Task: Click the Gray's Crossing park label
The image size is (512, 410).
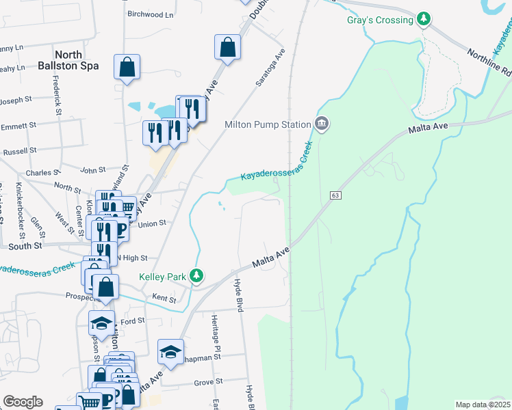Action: [x=380, y=20]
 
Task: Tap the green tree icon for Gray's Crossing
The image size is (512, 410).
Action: [x=424, y=19]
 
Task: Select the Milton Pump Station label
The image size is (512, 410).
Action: [x=268, y=124]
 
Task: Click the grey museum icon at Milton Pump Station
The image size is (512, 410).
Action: [x=322, y=124]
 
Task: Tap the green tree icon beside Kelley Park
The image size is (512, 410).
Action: [x=197, y=276]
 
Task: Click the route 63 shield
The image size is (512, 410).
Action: [x=335, y=195]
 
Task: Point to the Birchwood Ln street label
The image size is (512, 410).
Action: [x=151, y=14]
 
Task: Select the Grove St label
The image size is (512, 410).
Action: [x=209, y=381]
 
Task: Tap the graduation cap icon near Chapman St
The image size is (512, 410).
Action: [x=170, y=352]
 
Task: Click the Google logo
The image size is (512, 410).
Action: [x=23, y=402]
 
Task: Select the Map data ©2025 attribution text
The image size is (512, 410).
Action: [x=483, y=405]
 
